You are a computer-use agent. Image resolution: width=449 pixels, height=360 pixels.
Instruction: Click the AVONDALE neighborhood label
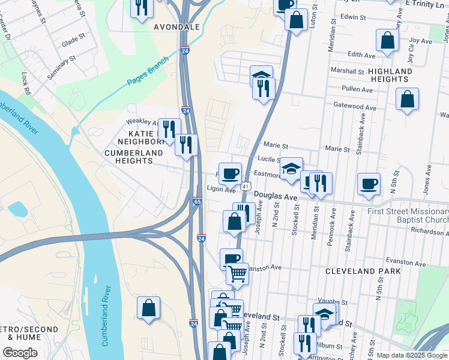[176, 28]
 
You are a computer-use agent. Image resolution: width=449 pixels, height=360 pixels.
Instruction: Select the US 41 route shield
[246, 187]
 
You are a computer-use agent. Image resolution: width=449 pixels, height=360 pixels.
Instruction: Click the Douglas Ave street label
[276, 196]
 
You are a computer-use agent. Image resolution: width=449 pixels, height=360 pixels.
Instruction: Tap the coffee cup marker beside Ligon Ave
[230, 174]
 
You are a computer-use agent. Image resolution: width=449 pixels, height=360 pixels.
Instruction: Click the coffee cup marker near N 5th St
[369, 184]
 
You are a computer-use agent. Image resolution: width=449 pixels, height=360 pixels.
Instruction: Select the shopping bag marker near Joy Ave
[388, 40]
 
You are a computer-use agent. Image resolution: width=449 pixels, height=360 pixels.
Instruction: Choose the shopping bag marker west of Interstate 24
[149, 308]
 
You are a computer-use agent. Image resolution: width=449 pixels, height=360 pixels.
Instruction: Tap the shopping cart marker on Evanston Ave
[238, 274]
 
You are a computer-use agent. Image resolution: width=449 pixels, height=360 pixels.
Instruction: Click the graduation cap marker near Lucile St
[292, 169]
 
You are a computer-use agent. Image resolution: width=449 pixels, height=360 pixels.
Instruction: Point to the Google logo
[20, 353]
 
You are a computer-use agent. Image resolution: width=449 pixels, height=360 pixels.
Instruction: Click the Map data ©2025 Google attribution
[411, 355]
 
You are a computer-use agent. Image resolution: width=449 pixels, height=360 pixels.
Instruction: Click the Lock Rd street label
[26, 85]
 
